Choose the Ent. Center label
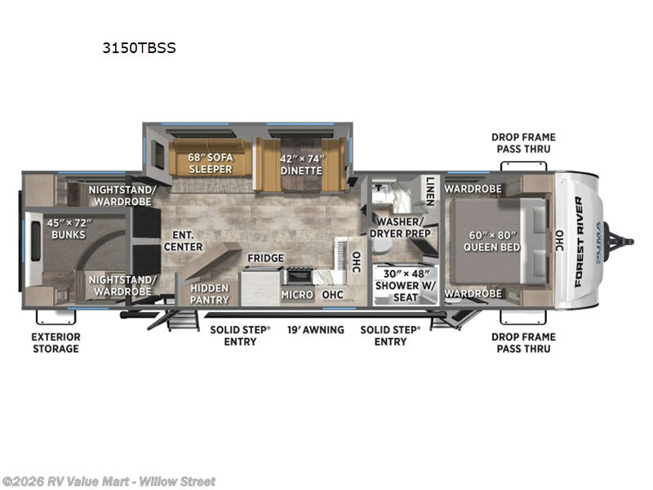click(x=177, y=241)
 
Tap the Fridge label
click(x=266, y=258)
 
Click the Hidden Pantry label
click(x=210, y=294)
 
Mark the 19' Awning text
click(x=315, y=330)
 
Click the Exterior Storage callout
click(x=56, y=342)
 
